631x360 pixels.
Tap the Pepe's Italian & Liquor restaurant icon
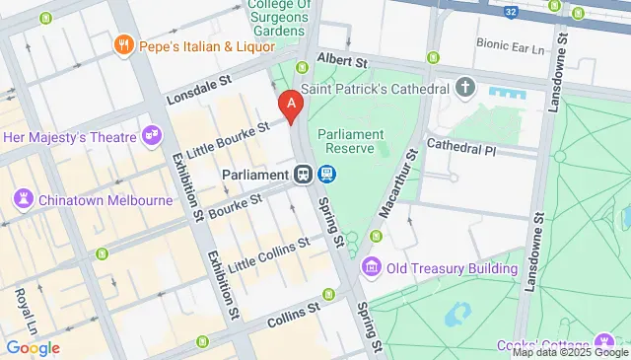pyautogui.click(x=123, y=44)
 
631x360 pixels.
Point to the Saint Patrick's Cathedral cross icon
pyautogui.click(x=466, y=89)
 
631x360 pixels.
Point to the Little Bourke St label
pyautogui.click(x=231, y=140)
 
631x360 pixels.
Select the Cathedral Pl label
pyautogui.click(x=461, y=146)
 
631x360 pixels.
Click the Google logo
pyautogui.click(x=32, y=347)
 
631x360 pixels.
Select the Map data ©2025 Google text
pyautogui.click(x=569, y=352)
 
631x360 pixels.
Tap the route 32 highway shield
pyautogui.click(x=508, y=13)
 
